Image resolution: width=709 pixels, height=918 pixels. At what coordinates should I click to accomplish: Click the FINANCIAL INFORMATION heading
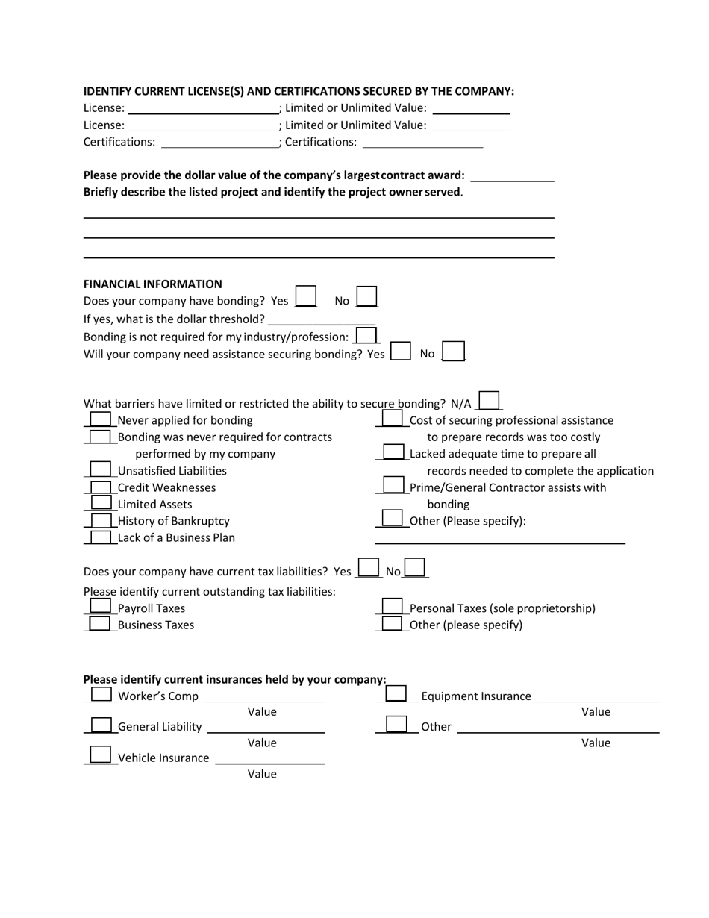coord(152,284)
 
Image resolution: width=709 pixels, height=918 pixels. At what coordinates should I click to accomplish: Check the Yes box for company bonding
coord(306,296)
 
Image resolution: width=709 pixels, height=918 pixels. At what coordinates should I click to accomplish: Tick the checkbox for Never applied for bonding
coord(100,419)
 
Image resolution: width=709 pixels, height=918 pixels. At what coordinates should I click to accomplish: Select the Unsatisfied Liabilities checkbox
coord(100,469)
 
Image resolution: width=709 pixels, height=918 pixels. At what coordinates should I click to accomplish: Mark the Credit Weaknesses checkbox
coord(100,487)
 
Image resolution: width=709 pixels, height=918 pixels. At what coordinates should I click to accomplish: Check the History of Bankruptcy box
coord(100,520)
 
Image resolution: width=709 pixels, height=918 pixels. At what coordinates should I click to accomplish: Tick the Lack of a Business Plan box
coord(100,537)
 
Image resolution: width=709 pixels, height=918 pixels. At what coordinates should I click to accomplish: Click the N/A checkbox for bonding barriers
coord(489,401)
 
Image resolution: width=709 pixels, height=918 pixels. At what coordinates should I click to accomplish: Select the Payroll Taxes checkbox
coord(100,607)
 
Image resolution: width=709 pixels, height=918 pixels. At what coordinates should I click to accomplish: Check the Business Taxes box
coord(100,624)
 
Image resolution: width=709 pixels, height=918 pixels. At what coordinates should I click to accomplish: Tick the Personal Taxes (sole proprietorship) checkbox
coord(393,607)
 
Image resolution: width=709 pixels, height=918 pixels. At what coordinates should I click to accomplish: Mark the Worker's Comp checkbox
coord(101,695)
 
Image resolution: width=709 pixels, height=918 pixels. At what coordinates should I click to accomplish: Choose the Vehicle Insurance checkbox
coord(101,755)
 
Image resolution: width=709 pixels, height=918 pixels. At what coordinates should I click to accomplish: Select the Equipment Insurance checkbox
coord(396,695)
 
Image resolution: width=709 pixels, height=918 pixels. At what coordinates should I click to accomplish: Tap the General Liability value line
coord(266,728)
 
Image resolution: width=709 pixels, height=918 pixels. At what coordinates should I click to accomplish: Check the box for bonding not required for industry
coord(366,336)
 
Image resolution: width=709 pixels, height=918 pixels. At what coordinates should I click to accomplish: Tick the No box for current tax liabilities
coord(415,569)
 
